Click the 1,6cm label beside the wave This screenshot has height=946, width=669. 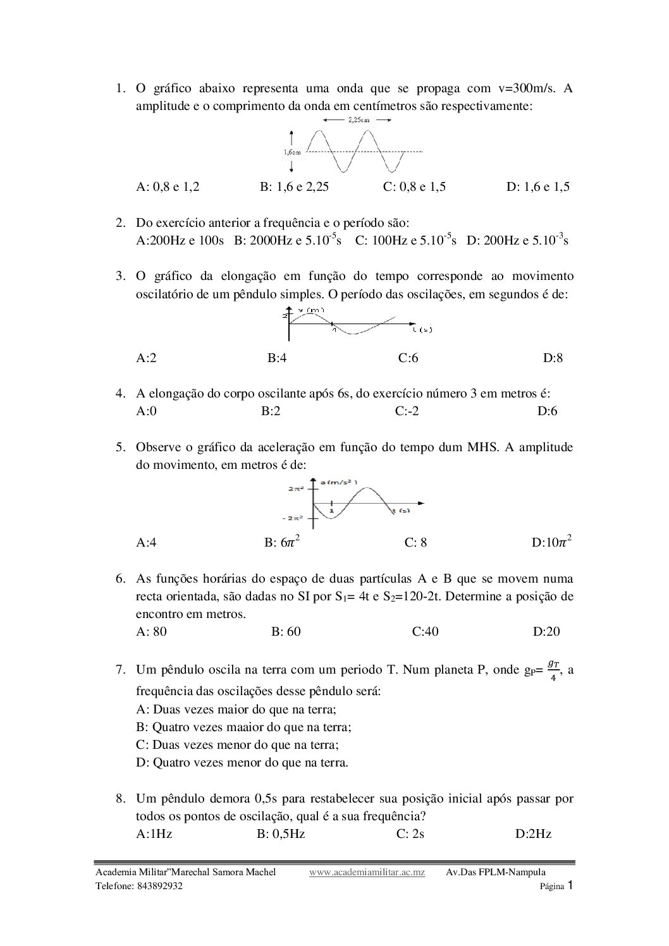(x=292, y=152)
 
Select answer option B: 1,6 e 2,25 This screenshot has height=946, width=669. (x=294, y=186)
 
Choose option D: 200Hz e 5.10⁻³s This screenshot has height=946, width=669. (x=517, y=240)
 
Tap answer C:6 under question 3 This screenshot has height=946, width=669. (x=408, y=358)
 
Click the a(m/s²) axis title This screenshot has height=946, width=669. (x=339, y=483)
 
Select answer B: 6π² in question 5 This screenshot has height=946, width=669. (x=281, y=542)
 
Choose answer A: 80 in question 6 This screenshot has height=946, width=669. (x=152, y=631)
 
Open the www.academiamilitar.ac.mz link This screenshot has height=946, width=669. (x=367, y=873)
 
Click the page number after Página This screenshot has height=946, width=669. (x=570, y=885)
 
